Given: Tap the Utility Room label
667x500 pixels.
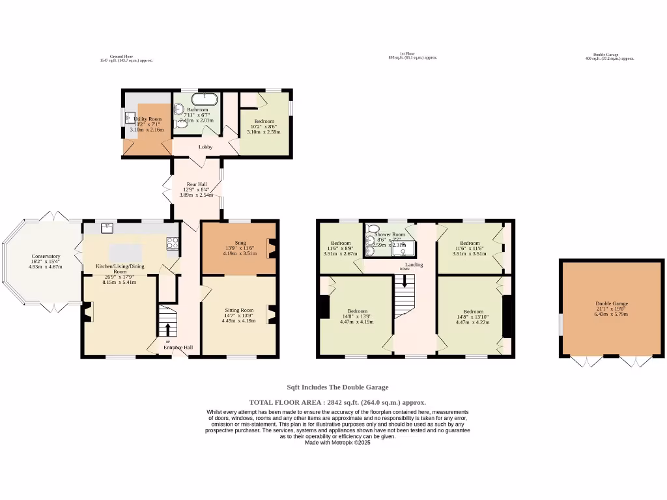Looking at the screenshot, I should coord(147,119).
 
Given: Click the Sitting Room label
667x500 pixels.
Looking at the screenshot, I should coord(239,311).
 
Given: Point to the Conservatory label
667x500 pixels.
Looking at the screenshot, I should coord(46,257).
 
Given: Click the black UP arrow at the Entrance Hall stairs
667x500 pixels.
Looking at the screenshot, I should coord(168,331).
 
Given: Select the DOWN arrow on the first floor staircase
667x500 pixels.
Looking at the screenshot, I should coord(404,281).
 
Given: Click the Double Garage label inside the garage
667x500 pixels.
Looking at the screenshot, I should coord(612,303).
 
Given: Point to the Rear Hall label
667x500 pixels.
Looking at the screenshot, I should coord(197,185).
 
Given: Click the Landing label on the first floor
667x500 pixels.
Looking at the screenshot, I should coord(414,265).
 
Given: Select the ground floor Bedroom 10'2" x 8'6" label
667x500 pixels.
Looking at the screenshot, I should coord(264,122).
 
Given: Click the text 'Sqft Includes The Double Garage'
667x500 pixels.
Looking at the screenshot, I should coord(337,387).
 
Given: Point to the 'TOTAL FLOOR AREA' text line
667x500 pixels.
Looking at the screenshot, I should coord(337,402).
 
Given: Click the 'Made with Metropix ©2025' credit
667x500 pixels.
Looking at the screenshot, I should coord(337,442).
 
